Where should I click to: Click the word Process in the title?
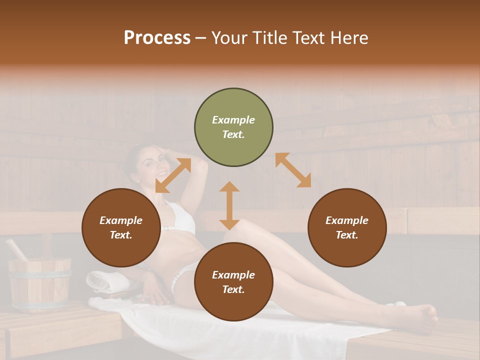157,38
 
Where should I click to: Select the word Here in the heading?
349,38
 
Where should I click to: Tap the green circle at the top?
233,127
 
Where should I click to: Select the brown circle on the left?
121,228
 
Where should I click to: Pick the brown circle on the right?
347,228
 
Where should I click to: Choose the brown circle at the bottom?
233,282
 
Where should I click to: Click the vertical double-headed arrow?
229,205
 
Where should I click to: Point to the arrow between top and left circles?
173,175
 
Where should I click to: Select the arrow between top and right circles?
293,170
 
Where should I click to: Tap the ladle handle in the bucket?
16,249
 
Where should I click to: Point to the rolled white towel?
106,281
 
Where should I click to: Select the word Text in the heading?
310,38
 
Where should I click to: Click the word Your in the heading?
230,38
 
